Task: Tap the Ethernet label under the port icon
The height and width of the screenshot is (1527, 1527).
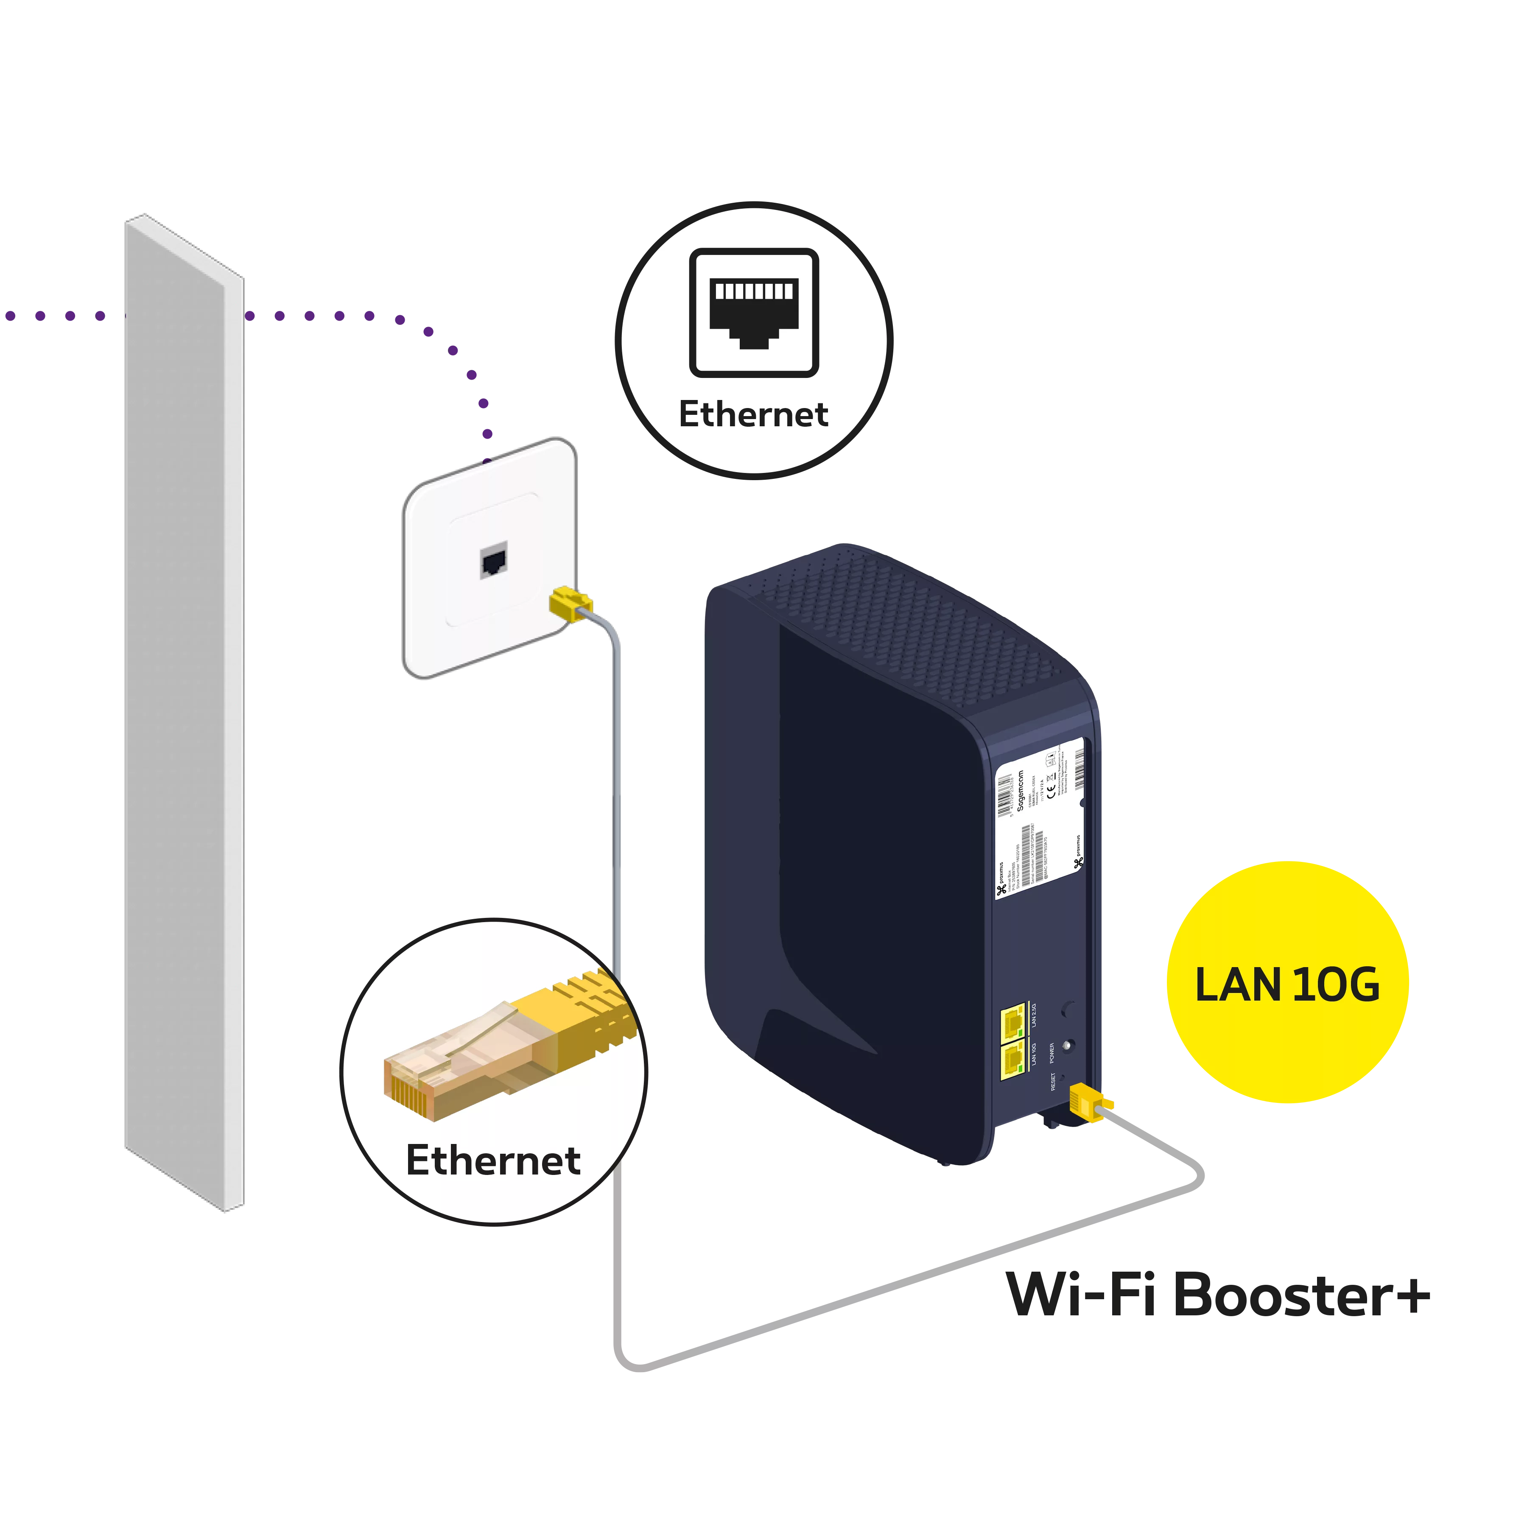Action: pyautogui.click(x=753, y=414)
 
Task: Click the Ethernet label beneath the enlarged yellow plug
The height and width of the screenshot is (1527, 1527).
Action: pyautogui.click(x=493, y=1160)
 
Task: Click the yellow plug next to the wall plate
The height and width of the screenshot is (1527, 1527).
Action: pyautogui.click(x=571, y=603)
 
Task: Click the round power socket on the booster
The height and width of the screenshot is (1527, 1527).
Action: pyautogui.click(x=1068, y=1046)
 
